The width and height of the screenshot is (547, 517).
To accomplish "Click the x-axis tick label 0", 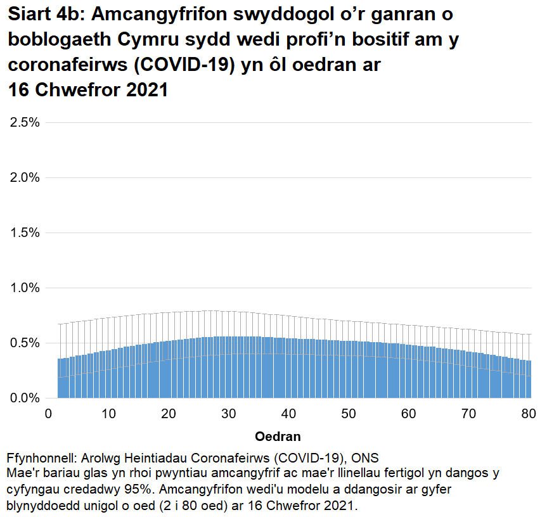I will [x=49, y=414].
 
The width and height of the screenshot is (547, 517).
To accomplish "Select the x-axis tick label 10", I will [x=108, y=414].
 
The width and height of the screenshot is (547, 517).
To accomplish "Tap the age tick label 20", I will [x=169, y=414].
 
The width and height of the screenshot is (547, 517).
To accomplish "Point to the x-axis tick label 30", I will [x=229, y=414].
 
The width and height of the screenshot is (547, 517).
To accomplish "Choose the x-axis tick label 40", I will [x=289, y=414].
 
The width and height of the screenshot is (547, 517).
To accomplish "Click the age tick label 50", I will [x=349, y=414].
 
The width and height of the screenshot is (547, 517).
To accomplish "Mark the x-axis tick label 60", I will [x=409, y=414].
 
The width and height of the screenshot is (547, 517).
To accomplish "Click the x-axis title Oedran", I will [x=277, y=437].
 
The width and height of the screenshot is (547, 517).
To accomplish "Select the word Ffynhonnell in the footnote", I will [x=41, y=458].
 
